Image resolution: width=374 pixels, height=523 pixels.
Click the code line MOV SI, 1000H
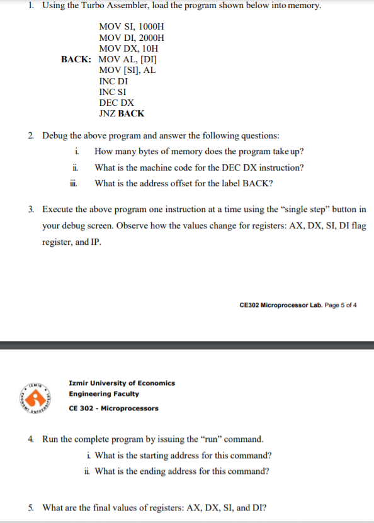click(x=132, y=27)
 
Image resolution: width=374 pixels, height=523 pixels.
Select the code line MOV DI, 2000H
click(x=132, y=38)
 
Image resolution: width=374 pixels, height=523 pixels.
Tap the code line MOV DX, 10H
click(x=128, y=48)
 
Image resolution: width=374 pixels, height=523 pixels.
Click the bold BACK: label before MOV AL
click(x=76, y=59)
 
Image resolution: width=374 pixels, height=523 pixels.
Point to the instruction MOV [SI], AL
click(x=127, y=70)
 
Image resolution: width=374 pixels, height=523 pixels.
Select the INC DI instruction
click(x=113, y=81)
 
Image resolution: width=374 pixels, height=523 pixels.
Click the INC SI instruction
click(x=113, y=92)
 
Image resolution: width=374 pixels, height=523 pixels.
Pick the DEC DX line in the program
click(x=116, y=103)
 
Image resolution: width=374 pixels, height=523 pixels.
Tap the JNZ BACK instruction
click(x=122, y=113)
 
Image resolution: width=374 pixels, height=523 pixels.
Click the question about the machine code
click(x=199, y=167)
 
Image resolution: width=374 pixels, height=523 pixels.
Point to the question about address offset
click(x=183, y=183)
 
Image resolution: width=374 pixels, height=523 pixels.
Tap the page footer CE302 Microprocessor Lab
click(x=298, y=305)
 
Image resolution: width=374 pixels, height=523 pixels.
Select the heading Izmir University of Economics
click(x=122, y=383)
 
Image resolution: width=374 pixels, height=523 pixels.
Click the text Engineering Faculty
click(x=104, y=394)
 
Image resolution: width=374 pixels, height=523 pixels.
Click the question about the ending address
click(x=182, y=471)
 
